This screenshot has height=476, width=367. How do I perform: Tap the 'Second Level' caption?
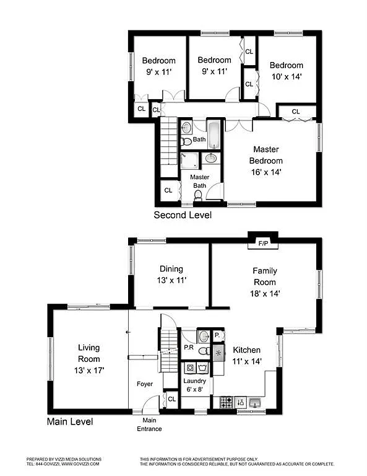pos(183,216)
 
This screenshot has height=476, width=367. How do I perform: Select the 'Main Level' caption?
pos(70,422)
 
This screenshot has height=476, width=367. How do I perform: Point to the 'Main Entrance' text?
pos(149,425)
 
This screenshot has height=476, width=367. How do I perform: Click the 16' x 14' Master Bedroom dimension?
pos(265,172)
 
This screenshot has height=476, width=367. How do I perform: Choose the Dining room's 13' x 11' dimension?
pos(171,280)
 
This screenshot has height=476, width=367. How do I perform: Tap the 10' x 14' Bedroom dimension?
pos(286,77)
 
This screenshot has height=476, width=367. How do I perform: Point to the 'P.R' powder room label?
pos(189,348)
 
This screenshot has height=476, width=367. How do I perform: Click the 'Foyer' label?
pos(145,384)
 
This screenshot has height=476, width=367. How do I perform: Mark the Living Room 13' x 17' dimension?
pos(89,370)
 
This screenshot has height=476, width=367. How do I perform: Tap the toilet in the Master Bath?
pos(199,196)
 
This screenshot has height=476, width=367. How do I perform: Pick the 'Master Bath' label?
pos(199,181)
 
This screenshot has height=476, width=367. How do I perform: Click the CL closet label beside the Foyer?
pos(171,399)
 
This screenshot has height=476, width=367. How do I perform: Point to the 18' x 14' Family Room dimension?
pos(265,294)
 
